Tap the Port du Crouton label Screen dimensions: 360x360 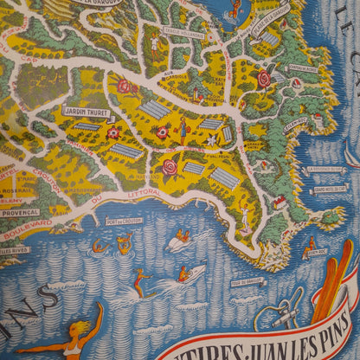tap(124, 221)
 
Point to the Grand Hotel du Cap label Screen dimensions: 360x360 tap(330, 189)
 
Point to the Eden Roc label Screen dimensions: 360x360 tap(317, 253)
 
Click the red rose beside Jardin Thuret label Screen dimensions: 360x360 tap(113, 132)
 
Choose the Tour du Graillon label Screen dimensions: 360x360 tap(247, 280)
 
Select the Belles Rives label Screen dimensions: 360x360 tap(16, 251)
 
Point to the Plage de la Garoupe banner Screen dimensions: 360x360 tap(271, 13)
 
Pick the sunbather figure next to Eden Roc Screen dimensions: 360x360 tap(309, 243)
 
